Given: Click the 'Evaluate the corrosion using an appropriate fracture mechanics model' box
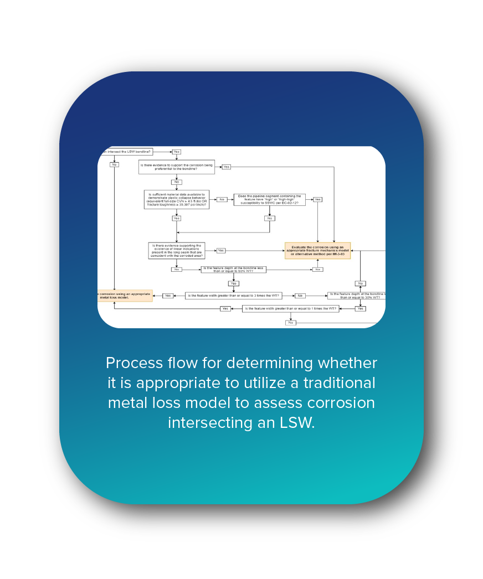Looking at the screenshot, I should (317, 251).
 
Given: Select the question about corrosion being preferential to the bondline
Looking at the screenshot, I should (177, 167).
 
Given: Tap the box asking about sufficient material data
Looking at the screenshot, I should (177, 199).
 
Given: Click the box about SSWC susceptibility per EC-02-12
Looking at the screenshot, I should (269, 199).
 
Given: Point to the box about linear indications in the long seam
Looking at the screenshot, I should (177, 250).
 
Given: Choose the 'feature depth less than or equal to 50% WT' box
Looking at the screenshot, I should (233, 270).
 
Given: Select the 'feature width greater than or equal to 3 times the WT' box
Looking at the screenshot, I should (233, 296).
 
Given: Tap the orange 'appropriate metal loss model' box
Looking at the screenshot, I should (125, 296).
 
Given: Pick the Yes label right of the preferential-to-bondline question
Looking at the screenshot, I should (226, 167).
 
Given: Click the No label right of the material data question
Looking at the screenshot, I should (222, 199).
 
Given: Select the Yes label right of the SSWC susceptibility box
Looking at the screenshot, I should (317, 199).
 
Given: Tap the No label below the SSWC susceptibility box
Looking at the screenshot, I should (270, 218).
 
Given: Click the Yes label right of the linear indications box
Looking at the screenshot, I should (220, 250).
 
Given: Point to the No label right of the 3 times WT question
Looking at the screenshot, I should (300, 296).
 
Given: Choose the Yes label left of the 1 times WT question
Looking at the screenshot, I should (225, 308).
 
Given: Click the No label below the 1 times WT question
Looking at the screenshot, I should (290, 322).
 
